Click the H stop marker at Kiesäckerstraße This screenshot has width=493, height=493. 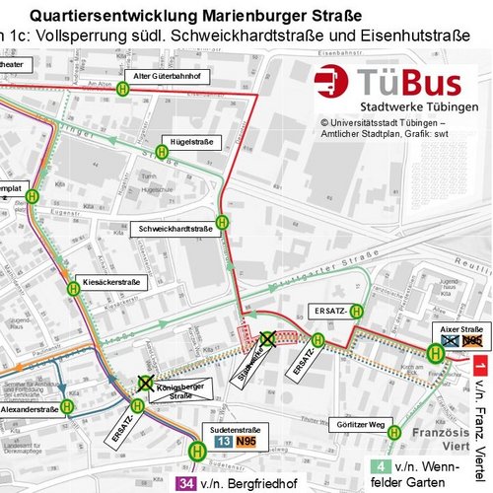[x=73, y=288]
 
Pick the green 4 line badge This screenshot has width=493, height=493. [x=380, y=465]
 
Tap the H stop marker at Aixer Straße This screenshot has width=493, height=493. [x=435, y=352]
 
